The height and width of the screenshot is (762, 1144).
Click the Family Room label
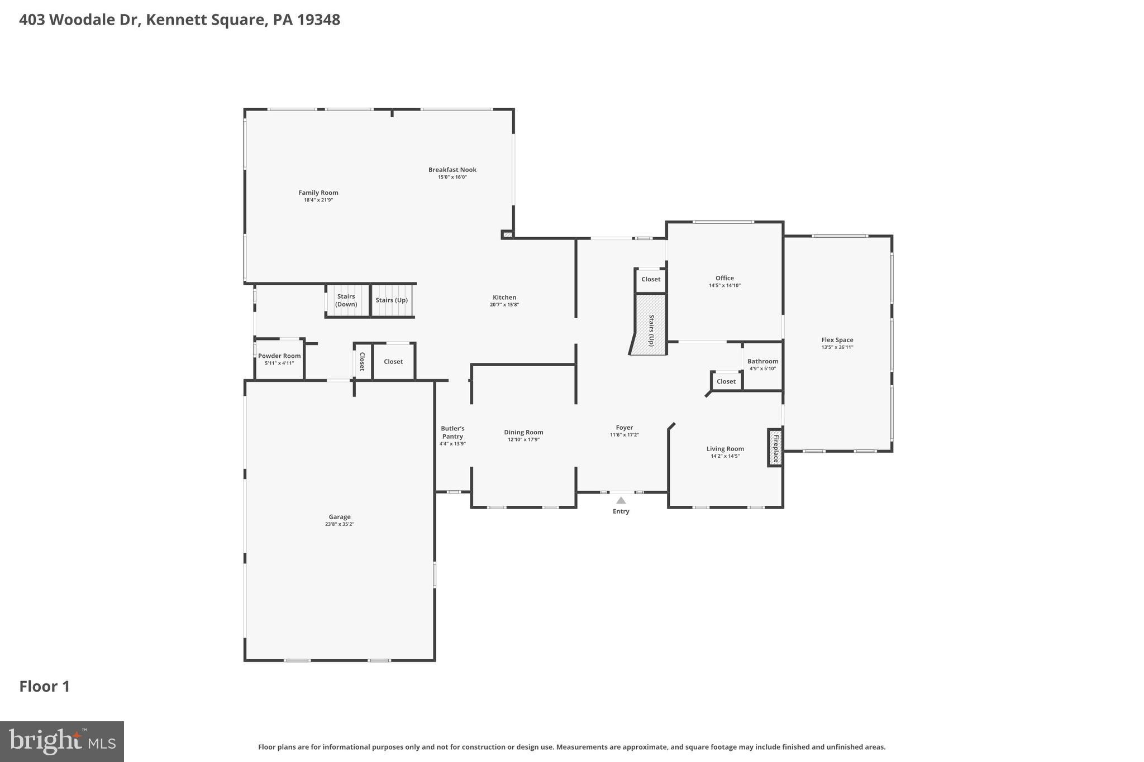click(318, 193)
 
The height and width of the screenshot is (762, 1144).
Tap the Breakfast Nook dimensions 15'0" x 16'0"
click(452, 177)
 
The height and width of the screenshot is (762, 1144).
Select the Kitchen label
click(504, 298)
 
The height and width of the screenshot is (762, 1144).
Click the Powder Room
click(279, 360)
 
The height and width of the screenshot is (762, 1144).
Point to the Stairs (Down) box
click(347, 301)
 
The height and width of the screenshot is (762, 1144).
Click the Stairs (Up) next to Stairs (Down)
click(392, 300)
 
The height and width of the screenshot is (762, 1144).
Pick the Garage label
click(339, 517)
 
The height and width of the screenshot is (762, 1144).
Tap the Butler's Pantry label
click(452, 433)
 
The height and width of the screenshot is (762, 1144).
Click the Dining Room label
click(523, 432)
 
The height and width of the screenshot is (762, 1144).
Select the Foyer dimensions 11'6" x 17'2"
click(624, 435)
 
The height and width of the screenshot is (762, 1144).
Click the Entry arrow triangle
click(621, 501)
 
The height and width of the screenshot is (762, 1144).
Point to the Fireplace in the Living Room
click(775, 448)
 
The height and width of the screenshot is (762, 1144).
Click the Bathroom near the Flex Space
click(762, 365)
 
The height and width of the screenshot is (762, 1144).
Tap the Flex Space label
click(837, 340)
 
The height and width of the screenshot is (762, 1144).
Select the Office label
click(724, 278)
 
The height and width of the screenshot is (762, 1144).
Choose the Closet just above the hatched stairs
click(650, 280)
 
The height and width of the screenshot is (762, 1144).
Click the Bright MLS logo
click(62, 741)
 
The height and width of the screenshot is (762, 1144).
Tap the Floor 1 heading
click(45, 687)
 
